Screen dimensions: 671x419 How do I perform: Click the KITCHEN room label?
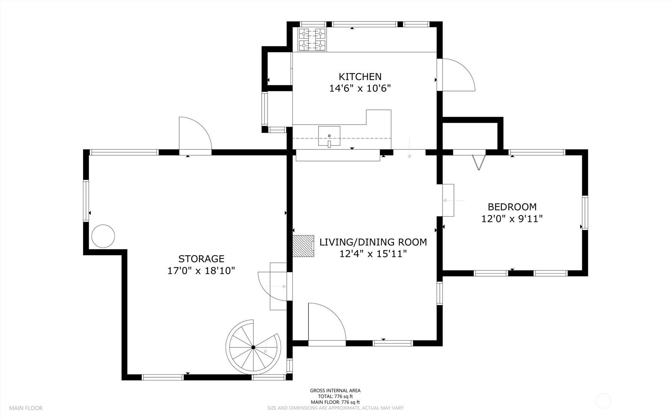click(x=360, y=77)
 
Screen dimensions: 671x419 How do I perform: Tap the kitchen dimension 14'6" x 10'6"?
click(x=360, y=88)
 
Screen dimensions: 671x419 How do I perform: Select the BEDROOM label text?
click(x=512, y=207)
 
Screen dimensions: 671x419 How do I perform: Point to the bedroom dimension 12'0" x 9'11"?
click(x=512, y=219)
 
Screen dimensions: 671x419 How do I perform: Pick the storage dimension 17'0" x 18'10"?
click(x=201, y=271)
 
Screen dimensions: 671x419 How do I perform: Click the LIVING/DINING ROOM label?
click(x=373, y=242)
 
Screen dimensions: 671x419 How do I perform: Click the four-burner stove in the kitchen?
click(x=312, y=39)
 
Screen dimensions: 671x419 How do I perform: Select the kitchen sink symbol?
click(x=329, y=136)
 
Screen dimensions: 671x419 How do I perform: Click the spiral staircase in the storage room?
click(x=253, y=347)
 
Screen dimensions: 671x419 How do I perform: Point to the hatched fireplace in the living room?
click(x=303, y=246)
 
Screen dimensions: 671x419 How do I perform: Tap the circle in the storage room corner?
click(x=103, y=236)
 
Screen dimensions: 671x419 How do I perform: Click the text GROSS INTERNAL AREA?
click(x=335, y=391)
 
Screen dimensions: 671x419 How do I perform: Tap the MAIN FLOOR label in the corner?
click(x=26, y=408)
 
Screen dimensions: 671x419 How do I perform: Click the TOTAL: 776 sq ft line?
click(x=335, y=396)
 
